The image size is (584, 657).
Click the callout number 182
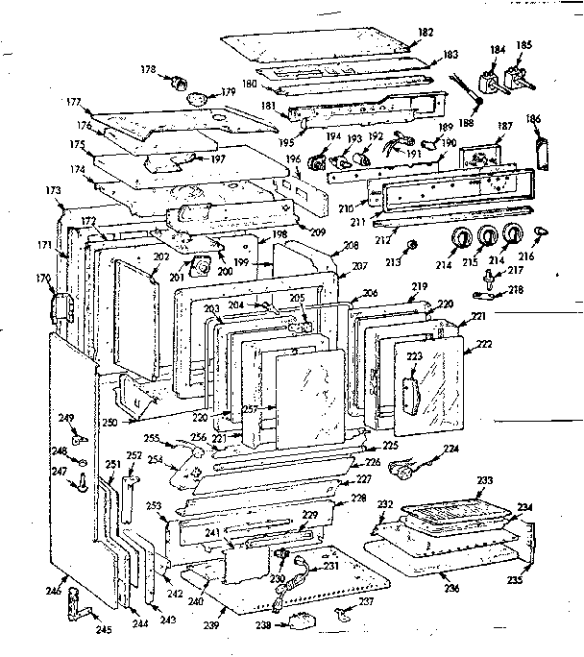[x=426, y=33]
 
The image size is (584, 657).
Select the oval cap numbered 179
[x=198, y=98]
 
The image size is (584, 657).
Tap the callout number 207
[x=358, y=265]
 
